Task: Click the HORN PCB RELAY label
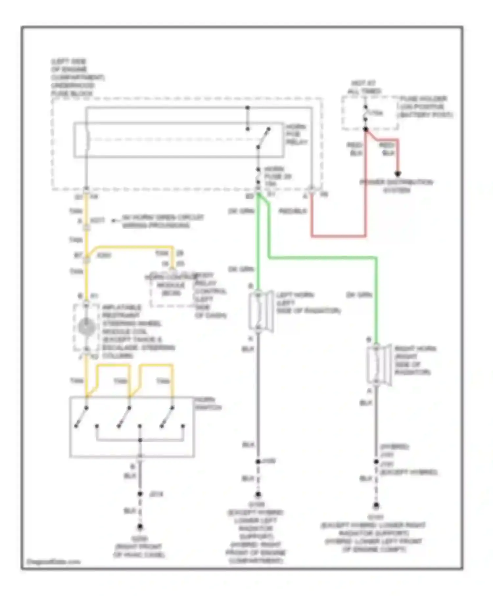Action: click(x=296, y=134)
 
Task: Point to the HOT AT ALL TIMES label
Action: click(x=364, y=87)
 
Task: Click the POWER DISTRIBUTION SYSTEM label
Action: click(x=396, y=186)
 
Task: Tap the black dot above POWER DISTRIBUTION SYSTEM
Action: click(x=398, y=174)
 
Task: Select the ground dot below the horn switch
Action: click(x=140, y=527)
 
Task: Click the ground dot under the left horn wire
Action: click(x=258, y=494)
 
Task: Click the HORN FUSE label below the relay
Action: click(x=278, y=176)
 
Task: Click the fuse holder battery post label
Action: click(x=426, y=107)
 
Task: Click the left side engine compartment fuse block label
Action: click(x=77, y=78)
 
